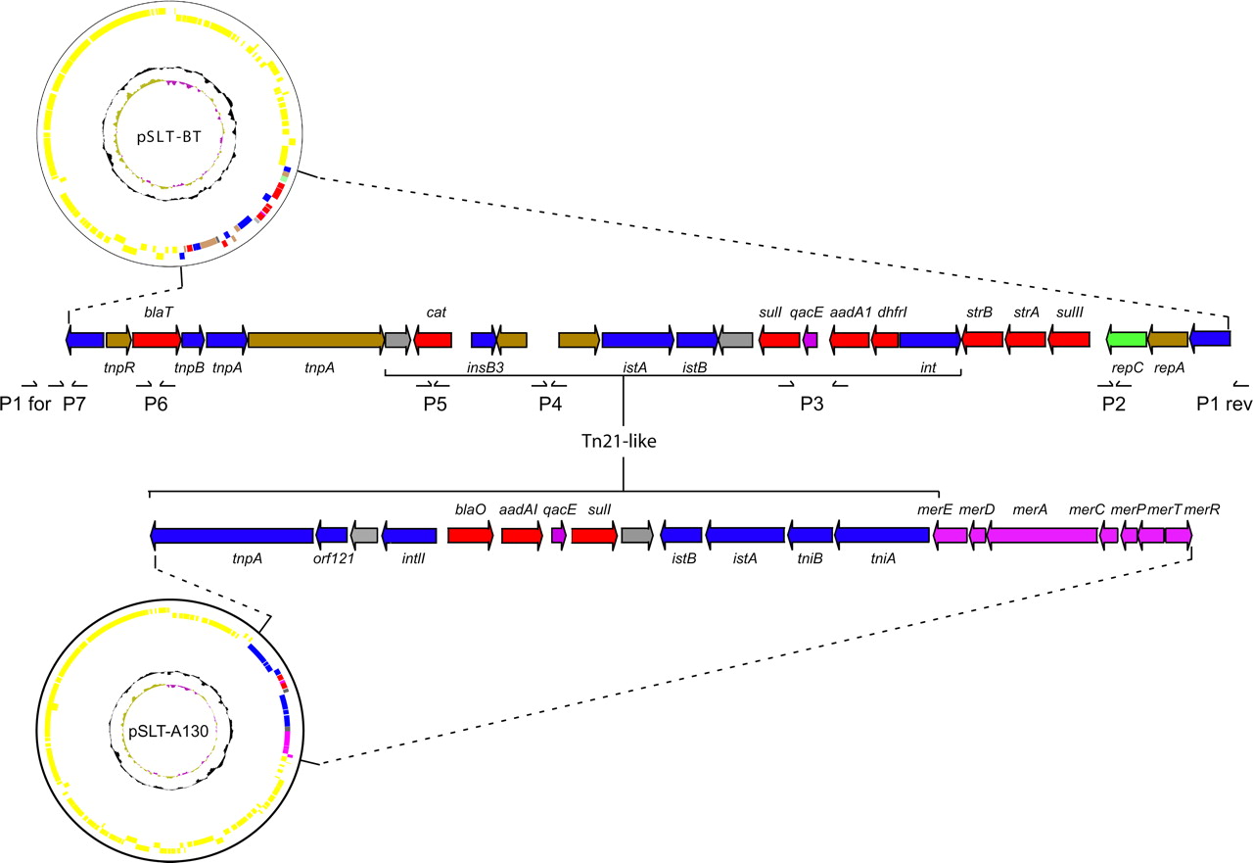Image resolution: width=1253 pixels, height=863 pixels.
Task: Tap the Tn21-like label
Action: click(x=623, y=441)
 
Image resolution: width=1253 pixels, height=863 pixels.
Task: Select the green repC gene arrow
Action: click(x=1126, y=339)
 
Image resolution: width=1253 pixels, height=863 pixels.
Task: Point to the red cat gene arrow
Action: click(x=434, y=339)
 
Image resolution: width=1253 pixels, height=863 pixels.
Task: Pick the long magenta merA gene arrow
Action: click(x=1042, y=535)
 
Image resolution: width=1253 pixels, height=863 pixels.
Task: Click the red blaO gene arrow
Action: click(x=471, y=535)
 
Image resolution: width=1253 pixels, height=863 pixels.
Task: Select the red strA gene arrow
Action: click(x=1026, y=339)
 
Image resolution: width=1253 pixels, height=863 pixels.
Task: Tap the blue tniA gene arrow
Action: click(x=882, y=535)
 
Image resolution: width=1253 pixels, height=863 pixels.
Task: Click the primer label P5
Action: click(x=436, y=405)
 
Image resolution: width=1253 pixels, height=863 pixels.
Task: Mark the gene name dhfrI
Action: click(x=893, y=312)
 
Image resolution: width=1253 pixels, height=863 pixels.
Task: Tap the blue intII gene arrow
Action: click(x=409, y=535)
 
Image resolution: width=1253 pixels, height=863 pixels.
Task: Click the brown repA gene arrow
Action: click(x=1168, y=339)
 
